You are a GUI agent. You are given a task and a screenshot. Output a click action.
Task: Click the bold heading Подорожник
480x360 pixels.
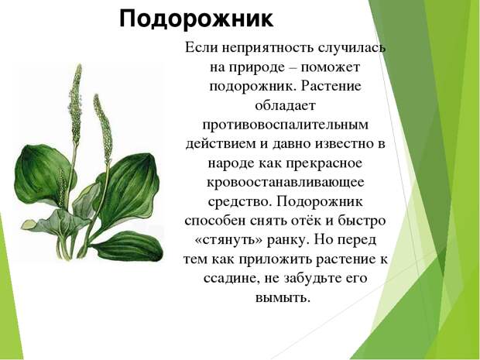[x=196, y=19]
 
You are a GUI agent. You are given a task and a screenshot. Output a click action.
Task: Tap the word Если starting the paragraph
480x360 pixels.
[x=201, y=48]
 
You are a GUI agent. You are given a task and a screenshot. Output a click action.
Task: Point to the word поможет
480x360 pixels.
[x=331, y=67]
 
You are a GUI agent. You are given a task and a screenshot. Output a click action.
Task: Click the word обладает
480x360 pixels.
[x=286, y=105]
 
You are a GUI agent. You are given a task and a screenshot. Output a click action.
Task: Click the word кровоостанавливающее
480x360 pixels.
[x=286, y=183]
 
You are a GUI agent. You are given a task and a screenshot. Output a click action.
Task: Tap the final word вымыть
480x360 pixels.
[x=283, y=298]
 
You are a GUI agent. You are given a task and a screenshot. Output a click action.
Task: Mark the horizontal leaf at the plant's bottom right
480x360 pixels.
[x=128, y=247]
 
